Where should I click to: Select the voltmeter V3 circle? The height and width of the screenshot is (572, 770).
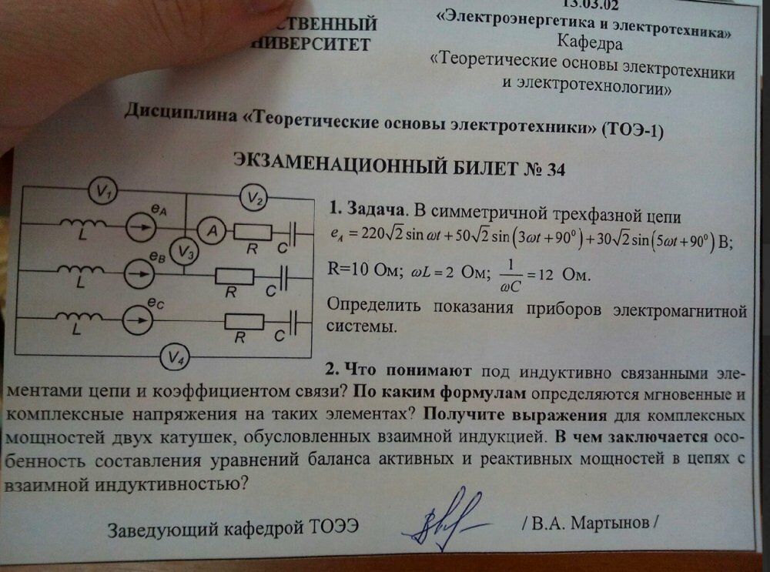(x=183, y=251)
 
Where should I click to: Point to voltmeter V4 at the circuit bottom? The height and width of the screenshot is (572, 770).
(x=177, y=357)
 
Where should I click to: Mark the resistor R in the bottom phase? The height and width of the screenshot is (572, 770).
(x=244, y=323)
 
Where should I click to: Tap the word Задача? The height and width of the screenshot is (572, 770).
(x=375, y=209)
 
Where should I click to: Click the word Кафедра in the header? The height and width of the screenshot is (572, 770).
(x=584, y=43)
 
